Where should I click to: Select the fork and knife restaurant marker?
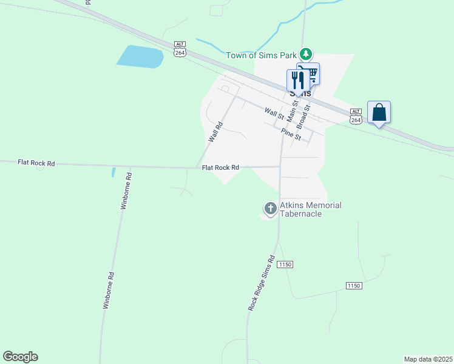point(297,79)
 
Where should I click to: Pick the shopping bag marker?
point(379,112)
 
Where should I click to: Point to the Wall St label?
point(274,113)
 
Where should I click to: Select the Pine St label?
point(291,133)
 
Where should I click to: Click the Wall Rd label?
point(216,132)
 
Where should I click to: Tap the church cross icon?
point(270,209)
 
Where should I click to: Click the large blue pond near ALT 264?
point(140,56)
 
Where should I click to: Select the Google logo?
point(20,357)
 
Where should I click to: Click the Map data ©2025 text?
point(428,359)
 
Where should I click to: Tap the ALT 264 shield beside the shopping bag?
point(356,116)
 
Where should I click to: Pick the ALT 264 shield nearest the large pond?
point(179,49)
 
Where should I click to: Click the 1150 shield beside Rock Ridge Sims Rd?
point(285,265)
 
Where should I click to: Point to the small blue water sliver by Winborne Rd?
point(113,172)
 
